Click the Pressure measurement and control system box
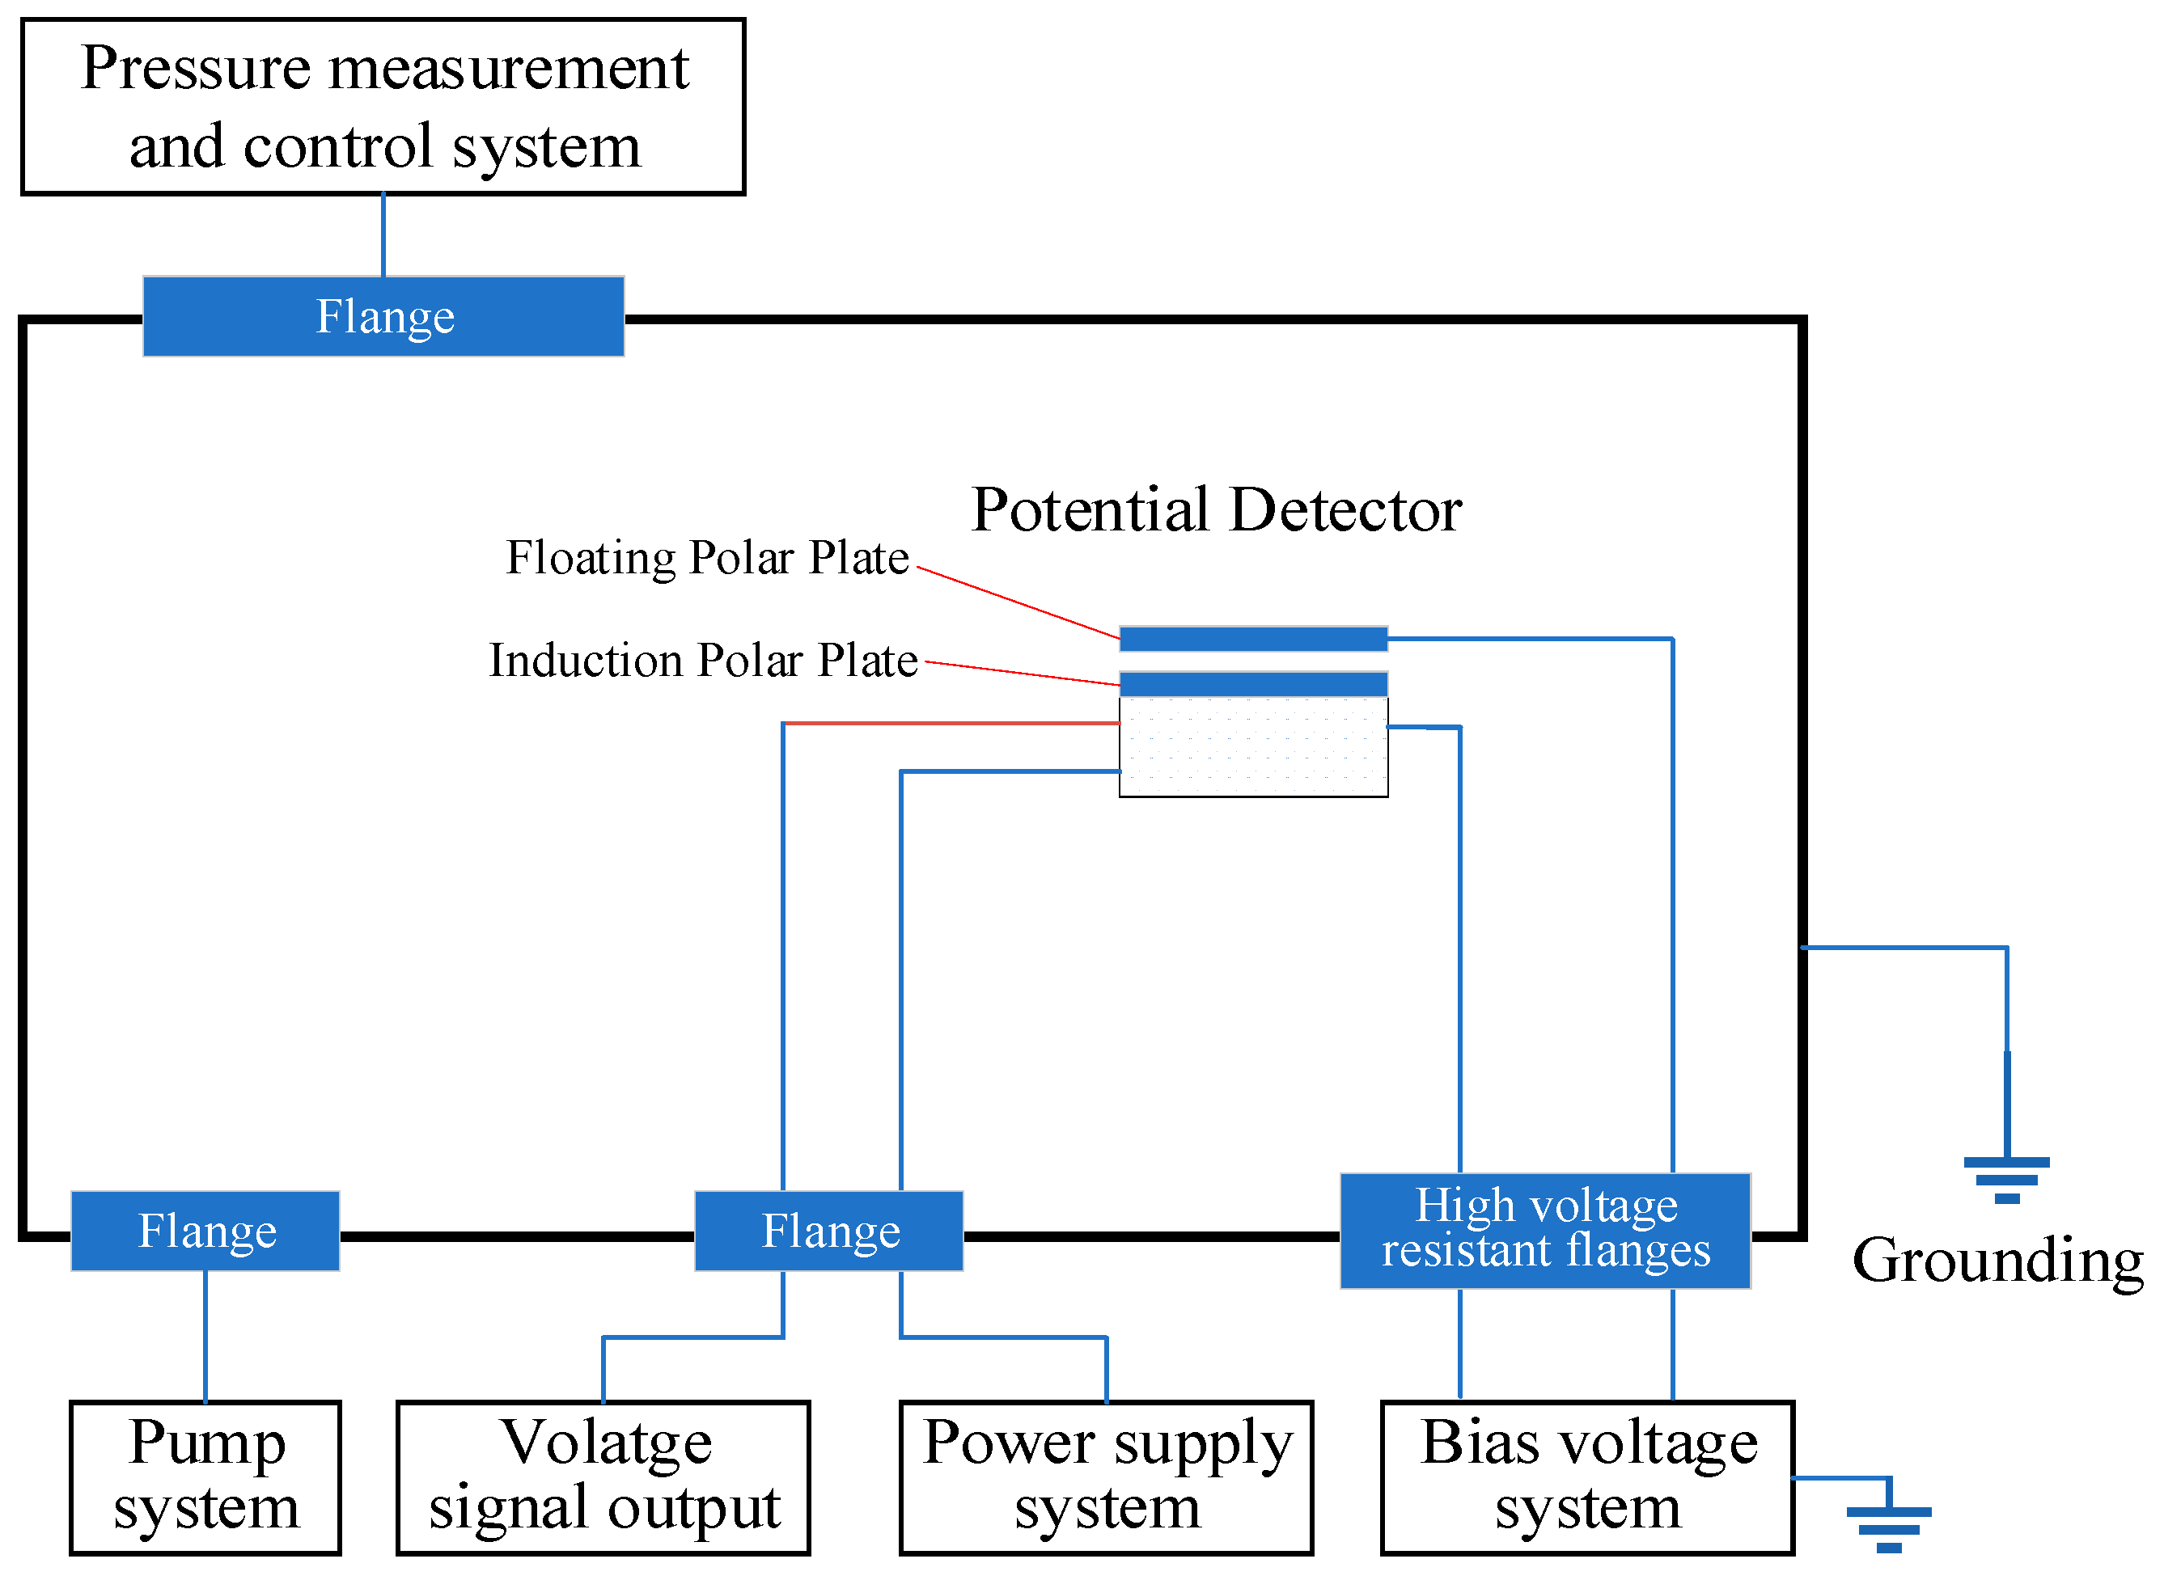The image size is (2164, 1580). pos(383,106)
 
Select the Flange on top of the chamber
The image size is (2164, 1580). pos(383,317)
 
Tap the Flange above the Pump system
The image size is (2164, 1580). pos(205,1231)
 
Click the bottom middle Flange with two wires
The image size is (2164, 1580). pos(828,1231)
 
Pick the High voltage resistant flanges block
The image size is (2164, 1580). pos(1545,1231)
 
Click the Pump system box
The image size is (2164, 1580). pos(205,1477)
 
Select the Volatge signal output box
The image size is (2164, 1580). pos(603,1477)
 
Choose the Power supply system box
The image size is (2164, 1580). pos(1106,1477)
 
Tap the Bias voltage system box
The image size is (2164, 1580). pos(1587,1477)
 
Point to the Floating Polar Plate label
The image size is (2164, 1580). pos(707,558)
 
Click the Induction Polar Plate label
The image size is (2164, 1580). pos(703,660)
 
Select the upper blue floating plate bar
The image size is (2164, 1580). pos(1253,639)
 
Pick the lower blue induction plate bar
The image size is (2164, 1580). pos(1253,684)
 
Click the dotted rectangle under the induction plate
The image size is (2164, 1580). pos(1253,747)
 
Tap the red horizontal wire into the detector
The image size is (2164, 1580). pos(952,723)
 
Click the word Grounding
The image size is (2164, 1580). pos(1997,1261)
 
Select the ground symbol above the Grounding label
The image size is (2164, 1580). pos(2006,1178)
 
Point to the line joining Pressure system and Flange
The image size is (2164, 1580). pos(383,235)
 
